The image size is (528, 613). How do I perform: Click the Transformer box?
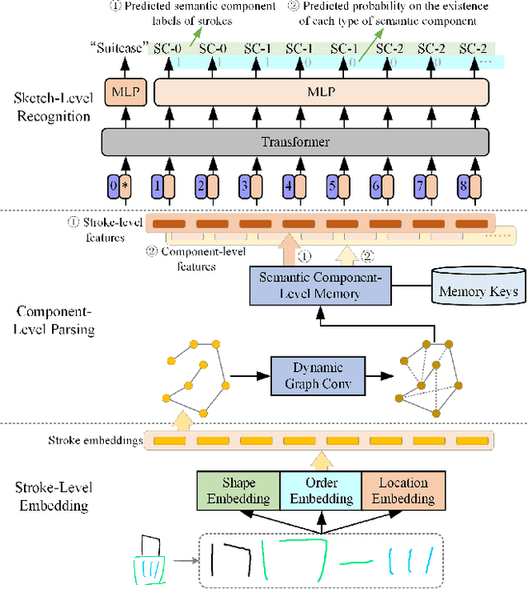pos(295,142)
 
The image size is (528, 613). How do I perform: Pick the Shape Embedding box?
pos(238,490)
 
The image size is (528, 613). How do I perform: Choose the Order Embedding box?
pos(319,490)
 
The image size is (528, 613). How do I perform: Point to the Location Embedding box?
pos(403,490)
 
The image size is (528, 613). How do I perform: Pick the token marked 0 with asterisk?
pos(120,186)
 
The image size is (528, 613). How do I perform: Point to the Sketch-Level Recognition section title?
pos(51,106)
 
